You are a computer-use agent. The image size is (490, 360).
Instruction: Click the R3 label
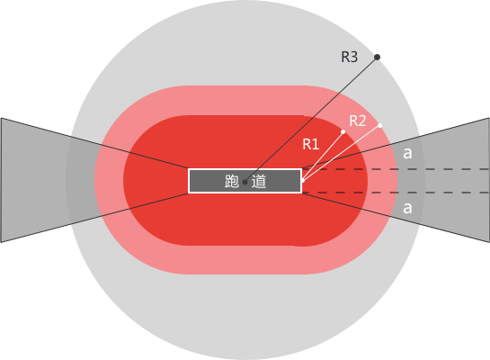[350, 57]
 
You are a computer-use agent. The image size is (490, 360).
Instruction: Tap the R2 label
[358, 121]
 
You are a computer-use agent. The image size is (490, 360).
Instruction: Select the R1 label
[311, 144]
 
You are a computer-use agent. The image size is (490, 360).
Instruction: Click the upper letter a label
[407, 153]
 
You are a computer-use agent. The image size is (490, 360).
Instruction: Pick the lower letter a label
[407, 208]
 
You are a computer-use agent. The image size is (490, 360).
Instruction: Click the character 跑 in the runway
[232, 181]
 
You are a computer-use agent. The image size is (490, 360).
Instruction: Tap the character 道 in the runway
[259, 181]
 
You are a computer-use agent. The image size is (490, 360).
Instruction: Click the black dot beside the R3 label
[378, 57]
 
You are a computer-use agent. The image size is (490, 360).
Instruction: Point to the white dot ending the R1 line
[343, 131]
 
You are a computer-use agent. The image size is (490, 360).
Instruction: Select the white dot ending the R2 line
[380, 125]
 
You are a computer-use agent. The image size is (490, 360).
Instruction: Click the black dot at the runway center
[245, 182]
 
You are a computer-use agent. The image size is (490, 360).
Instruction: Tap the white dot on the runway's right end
[302, 181]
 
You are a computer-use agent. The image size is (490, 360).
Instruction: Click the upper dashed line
[396, 169]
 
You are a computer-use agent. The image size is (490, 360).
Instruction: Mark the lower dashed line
[396, 193]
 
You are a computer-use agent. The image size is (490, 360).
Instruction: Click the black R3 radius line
[311, 120]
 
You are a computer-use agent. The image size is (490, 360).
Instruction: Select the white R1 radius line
[323, 157]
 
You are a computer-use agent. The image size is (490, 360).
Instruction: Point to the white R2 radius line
[342, 153]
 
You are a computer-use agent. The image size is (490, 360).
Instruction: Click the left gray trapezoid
[47, 180]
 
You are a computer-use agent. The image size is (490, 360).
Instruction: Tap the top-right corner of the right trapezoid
[489, 118]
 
